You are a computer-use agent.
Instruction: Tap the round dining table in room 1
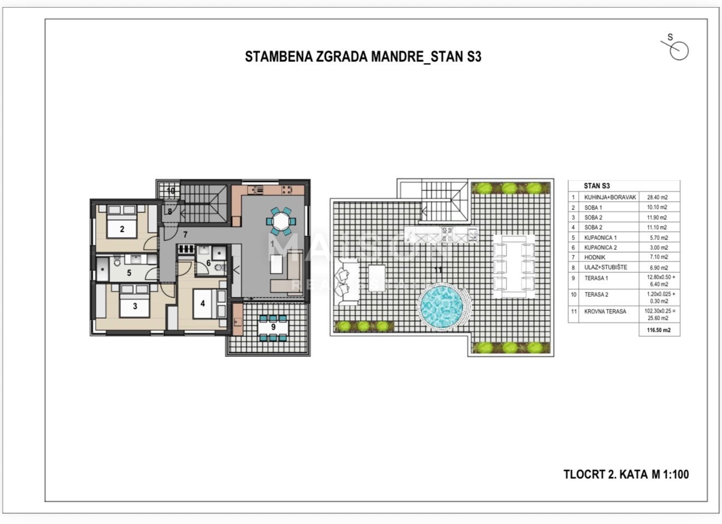click(281, 221)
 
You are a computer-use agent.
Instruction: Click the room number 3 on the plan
click(135, 306)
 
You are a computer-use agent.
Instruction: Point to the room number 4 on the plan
click(203, 303)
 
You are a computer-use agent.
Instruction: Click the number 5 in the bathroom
click(129, 273)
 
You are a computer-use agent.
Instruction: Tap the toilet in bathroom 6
click(219, 267)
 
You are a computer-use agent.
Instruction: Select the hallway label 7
click(185, 233)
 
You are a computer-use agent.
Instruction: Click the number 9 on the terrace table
click(273, 327)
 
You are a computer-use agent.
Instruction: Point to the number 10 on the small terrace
click(171, 191)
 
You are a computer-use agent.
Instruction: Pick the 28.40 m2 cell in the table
click(659, 197)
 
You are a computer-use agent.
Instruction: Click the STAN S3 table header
click(597, 186)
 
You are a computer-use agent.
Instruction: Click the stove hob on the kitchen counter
click(286, 189)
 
